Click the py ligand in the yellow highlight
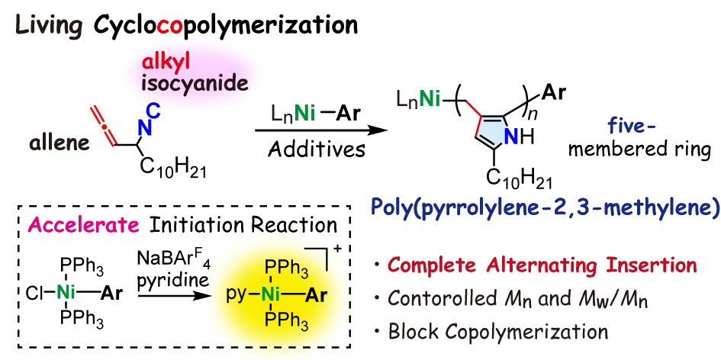click(239, 294)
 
